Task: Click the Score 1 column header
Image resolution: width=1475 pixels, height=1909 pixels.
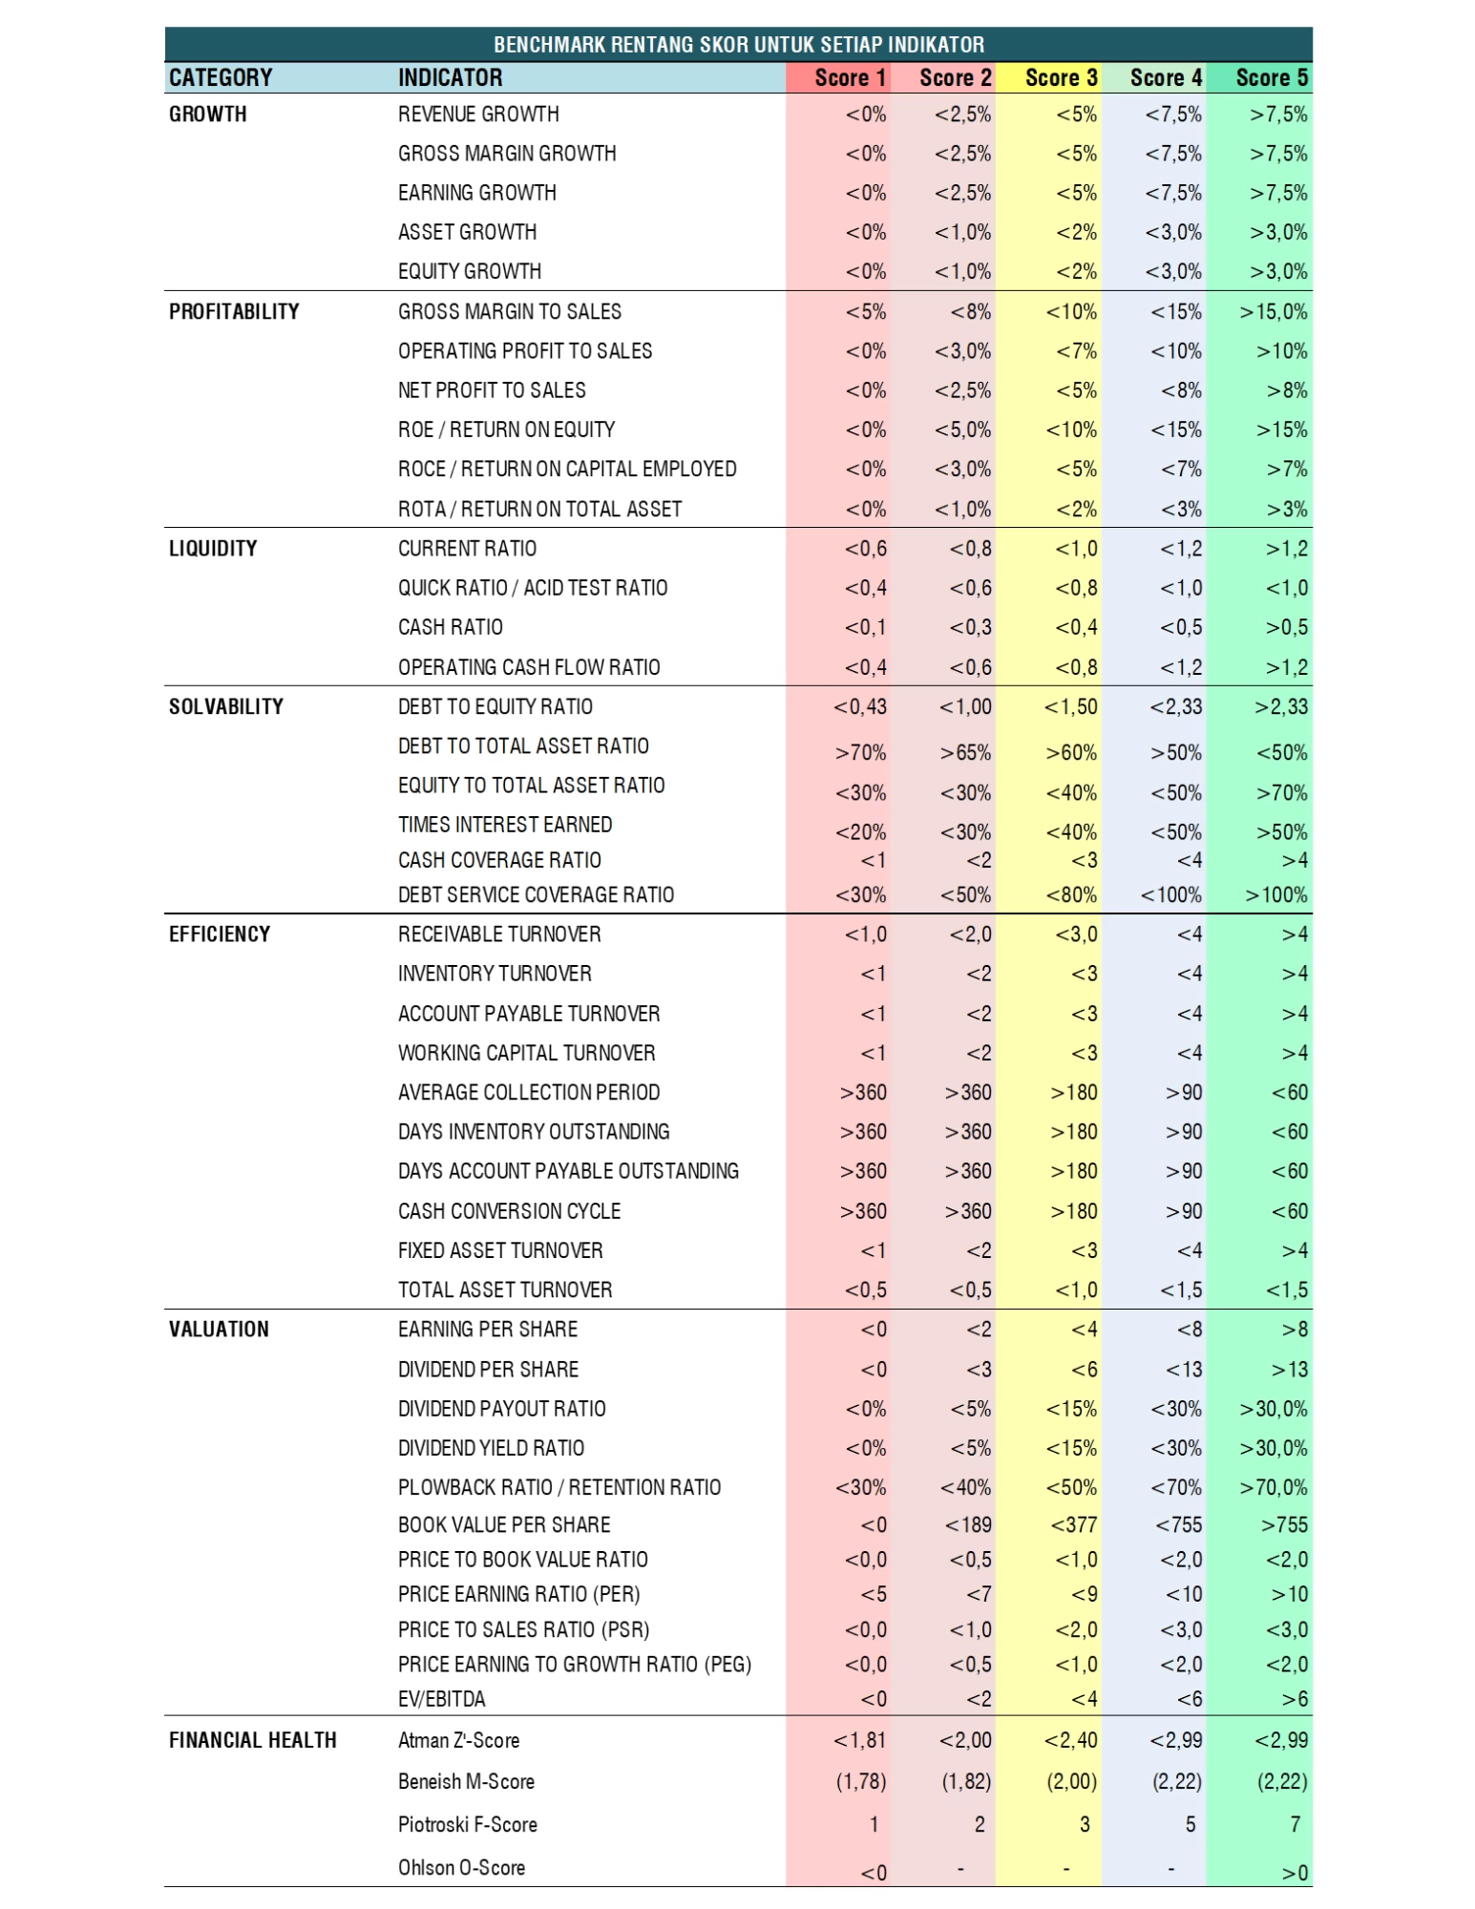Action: tap(850, 77)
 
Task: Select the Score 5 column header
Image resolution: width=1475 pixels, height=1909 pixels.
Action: tap(1271, 77)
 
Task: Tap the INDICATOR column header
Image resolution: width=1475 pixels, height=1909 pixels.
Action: tap(450, 77)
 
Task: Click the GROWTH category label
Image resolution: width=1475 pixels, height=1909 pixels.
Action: tap(207, 115)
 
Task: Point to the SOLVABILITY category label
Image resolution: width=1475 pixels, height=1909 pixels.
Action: tap(225, 706)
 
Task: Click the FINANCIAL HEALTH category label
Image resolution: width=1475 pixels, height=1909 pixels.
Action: tap(252, 1740)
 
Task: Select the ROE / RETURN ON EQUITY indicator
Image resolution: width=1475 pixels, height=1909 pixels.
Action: tap(506, 430)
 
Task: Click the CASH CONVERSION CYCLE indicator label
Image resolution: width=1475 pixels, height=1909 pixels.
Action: tap(509, 1211)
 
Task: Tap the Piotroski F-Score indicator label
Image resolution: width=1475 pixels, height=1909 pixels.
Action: tap(467, 1824)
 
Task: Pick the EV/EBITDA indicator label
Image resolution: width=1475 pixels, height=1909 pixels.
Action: tap(441, 1699)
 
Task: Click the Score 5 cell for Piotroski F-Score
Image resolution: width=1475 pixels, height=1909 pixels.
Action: tap(1294, 1824)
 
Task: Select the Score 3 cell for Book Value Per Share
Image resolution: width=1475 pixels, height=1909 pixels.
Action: tap(1073, 1524)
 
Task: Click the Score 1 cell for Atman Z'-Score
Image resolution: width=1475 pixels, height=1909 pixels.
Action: tap(859, 1740)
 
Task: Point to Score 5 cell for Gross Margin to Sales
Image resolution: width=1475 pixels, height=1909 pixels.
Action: tap(1273, 312)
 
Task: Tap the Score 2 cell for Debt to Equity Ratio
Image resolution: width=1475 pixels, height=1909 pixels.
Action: tap(964, 706)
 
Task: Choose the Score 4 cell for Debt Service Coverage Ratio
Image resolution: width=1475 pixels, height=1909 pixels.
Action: tap(1170, 895)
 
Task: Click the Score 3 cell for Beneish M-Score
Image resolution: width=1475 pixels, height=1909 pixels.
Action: tap(1070, 1781)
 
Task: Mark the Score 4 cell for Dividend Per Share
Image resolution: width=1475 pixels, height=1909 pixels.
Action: tap(1183, 1370)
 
